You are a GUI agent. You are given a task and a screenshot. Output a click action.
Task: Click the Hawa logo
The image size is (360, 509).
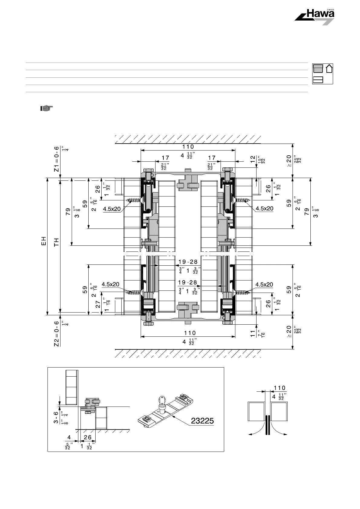click(315, 17)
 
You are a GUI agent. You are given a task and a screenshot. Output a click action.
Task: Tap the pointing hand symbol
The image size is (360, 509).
click(46, 108)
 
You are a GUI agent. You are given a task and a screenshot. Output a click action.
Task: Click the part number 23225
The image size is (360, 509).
click(202, 421)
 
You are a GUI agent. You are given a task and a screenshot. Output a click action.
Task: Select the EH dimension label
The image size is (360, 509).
click(44, 241)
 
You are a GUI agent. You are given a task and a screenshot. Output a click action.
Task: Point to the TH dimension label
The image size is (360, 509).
click(56, 242)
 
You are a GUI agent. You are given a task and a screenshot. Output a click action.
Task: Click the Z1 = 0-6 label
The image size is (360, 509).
click(56, 159)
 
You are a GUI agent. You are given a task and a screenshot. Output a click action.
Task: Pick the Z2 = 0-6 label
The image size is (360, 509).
click(56, 334)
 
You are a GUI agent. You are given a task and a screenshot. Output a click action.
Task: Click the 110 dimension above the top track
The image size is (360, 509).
click(188, 147)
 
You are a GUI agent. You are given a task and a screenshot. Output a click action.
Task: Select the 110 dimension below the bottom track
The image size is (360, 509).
click(190, 333)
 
